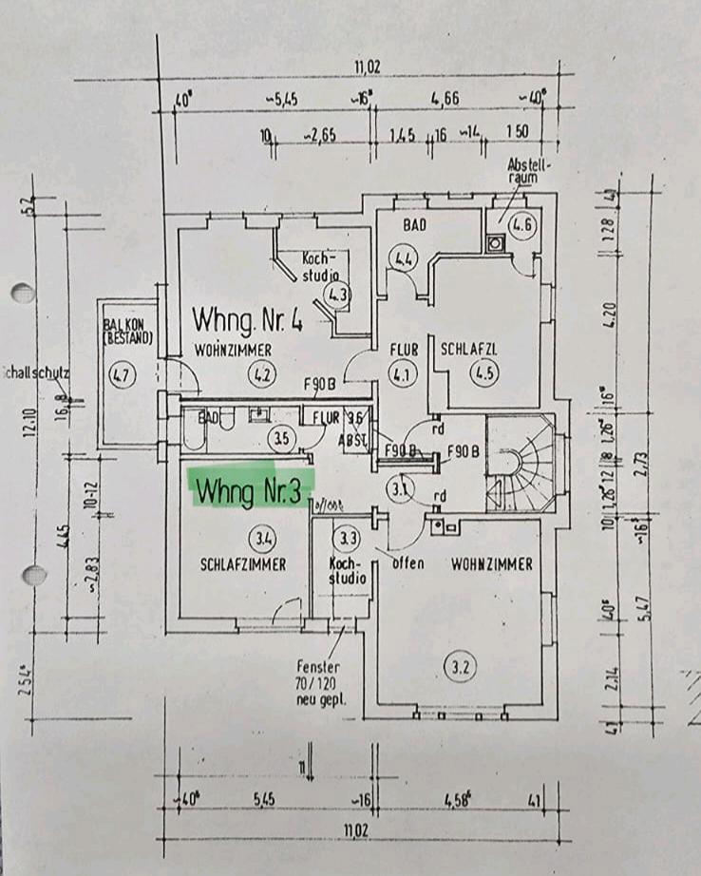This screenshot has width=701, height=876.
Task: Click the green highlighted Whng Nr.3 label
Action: (x=252, y=491)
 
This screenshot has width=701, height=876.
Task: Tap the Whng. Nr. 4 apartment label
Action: (x=247, y=317)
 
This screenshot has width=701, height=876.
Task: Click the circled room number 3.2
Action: (x=462, y=667)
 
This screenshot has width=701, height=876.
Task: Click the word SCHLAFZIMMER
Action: (x=243, y=564)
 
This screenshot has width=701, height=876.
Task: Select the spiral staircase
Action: (x=521, y=464)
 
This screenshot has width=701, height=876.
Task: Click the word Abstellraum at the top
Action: (x=523, y=169)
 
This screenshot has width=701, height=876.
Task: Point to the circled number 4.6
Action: (x=523, y=225)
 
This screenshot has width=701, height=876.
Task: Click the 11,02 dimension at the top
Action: (x=367, y=67)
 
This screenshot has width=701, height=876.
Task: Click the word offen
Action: (x=407, y=563)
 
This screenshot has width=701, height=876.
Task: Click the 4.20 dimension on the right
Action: (x=611, y=312)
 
